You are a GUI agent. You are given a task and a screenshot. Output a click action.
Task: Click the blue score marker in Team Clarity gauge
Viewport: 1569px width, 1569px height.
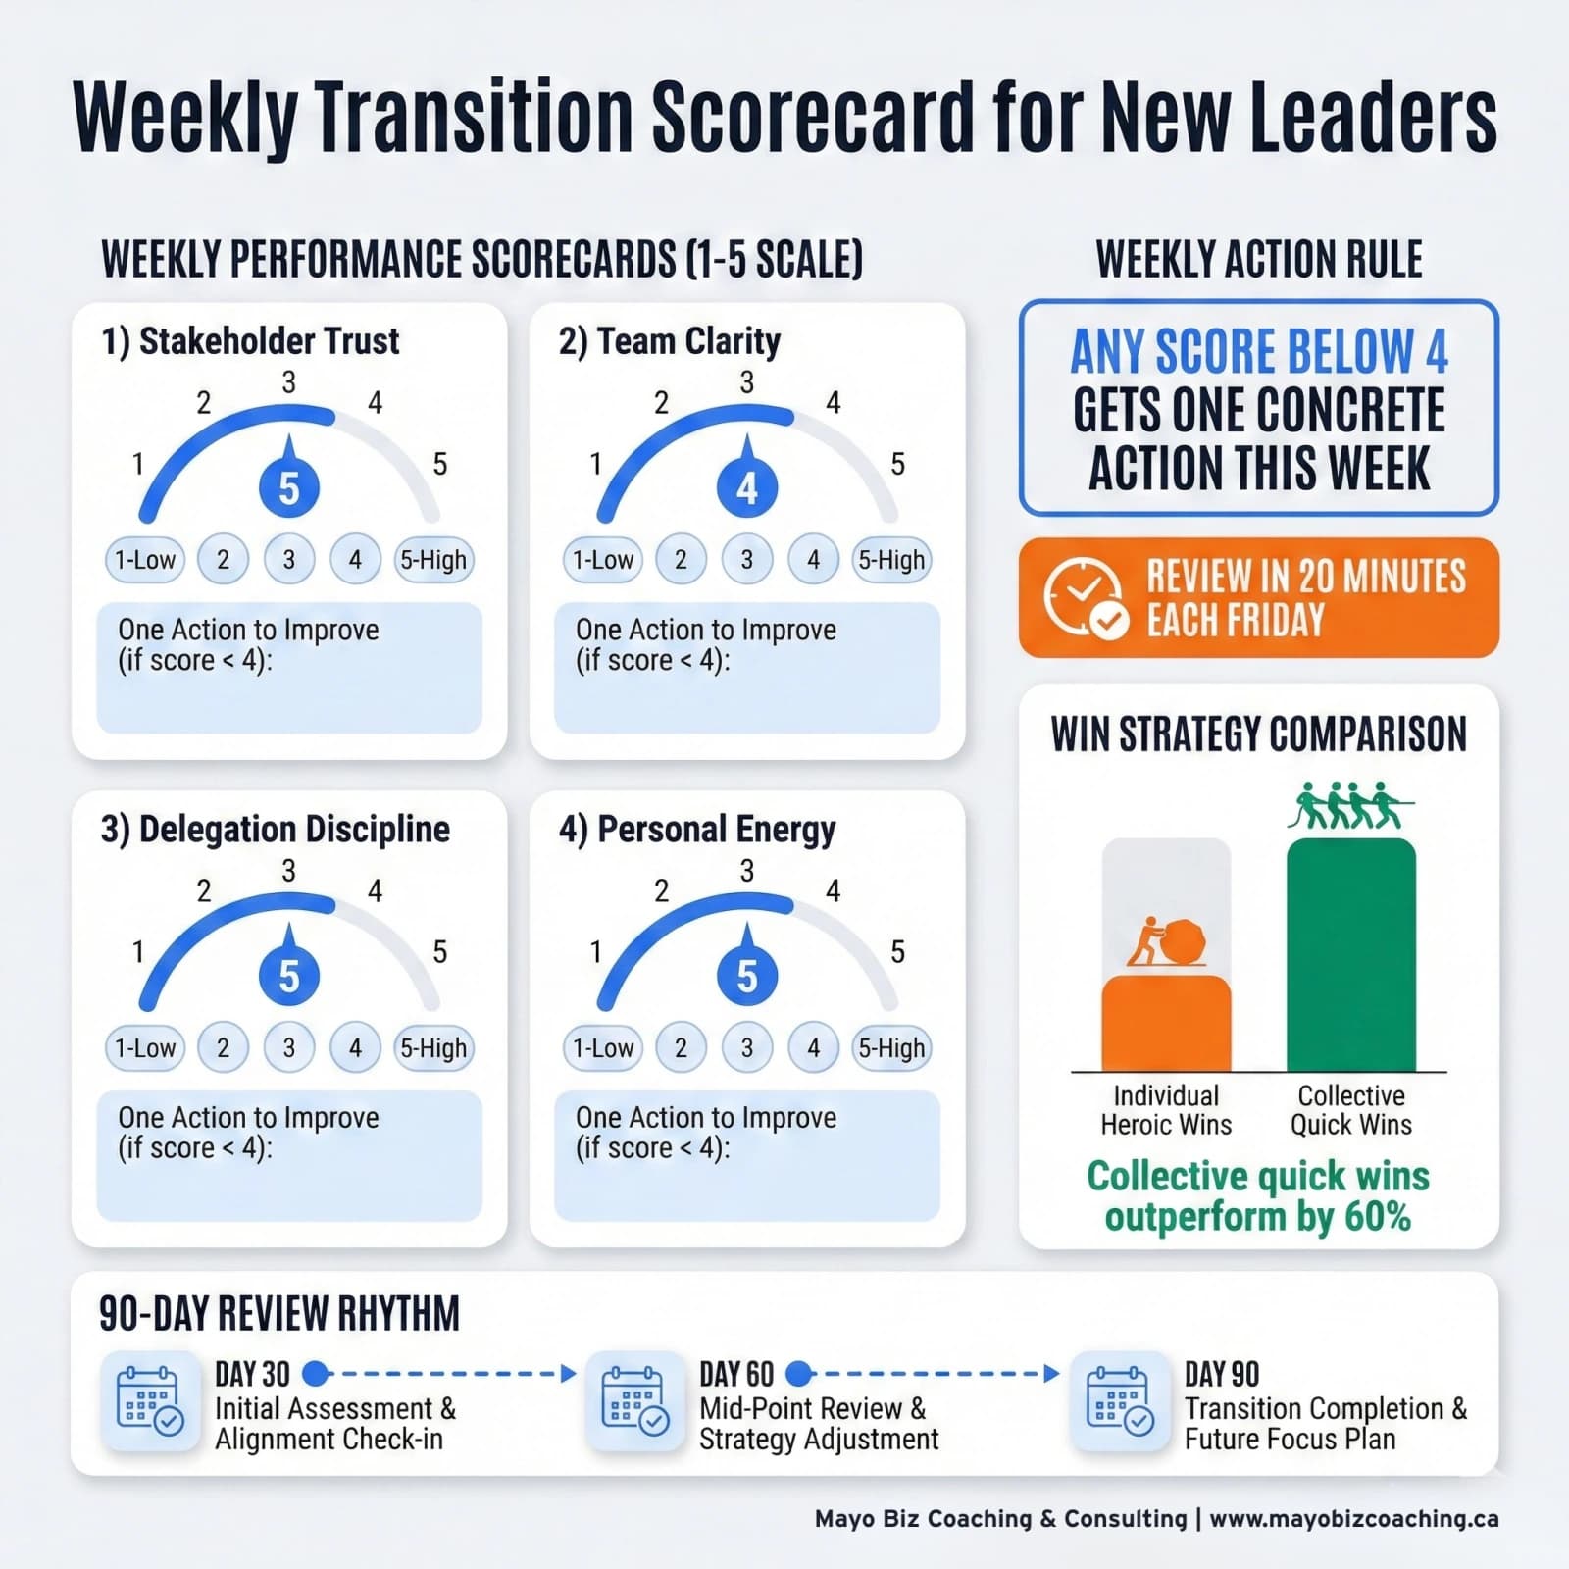(x=747, y=487)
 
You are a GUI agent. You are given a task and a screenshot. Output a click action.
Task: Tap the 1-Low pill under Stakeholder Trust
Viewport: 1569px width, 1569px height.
(x=145, y=560)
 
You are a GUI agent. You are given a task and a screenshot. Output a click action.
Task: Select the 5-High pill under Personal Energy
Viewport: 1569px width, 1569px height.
(x=890, y=1047)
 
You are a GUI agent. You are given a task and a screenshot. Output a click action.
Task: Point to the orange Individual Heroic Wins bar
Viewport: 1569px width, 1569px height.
(x=1166, y=1023)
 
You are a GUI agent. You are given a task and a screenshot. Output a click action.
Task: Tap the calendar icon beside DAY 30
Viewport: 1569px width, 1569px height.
(x=149, y=1401)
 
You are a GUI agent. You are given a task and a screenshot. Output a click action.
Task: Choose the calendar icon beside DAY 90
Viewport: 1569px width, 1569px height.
(x=1119, y=1401)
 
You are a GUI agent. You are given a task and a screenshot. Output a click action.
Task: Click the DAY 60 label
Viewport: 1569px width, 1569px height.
(x=736, y=1374)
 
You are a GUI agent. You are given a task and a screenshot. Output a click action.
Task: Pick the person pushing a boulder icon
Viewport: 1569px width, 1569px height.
(x=1166, y=942)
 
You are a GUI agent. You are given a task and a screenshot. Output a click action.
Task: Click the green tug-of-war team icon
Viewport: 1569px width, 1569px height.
(x=1350, y=806)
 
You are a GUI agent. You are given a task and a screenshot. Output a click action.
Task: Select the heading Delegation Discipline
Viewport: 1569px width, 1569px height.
(x=275, y=830)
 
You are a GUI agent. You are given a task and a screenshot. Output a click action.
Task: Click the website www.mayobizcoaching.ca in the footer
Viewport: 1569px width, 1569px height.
(x=1353, y=1519)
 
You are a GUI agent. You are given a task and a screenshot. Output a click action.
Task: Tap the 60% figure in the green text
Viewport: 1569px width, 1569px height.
(x=1377, y=1217)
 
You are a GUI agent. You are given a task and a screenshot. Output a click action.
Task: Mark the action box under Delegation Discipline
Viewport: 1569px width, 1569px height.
(x=289, y=1155)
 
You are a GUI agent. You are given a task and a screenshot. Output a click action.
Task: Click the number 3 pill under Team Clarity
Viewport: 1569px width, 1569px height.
(x=747, y=560)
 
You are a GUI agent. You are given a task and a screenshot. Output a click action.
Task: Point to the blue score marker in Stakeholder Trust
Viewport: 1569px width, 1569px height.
(x=289, y=487)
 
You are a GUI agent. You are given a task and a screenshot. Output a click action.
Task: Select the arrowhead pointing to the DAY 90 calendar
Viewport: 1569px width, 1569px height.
(x=1052, y=1373)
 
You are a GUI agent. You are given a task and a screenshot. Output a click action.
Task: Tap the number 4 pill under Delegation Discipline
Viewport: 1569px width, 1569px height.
(x=355, y=1047)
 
